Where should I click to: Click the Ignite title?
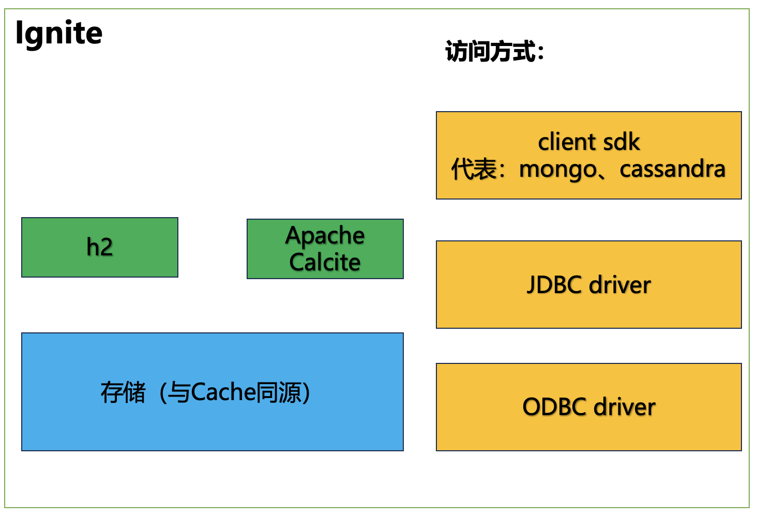coord(59,34)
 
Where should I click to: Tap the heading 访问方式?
coord(494,52)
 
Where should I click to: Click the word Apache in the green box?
coord(325,236)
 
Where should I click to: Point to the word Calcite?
coord(325,262)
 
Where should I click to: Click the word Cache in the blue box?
coord(223,392)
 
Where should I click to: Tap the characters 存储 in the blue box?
coord(123,392)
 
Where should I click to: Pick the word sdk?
coord(622,142)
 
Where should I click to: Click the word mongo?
coord(557,170)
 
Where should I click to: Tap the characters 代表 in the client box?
coord(474,170)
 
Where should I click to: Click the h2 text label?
coord(100,247)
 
